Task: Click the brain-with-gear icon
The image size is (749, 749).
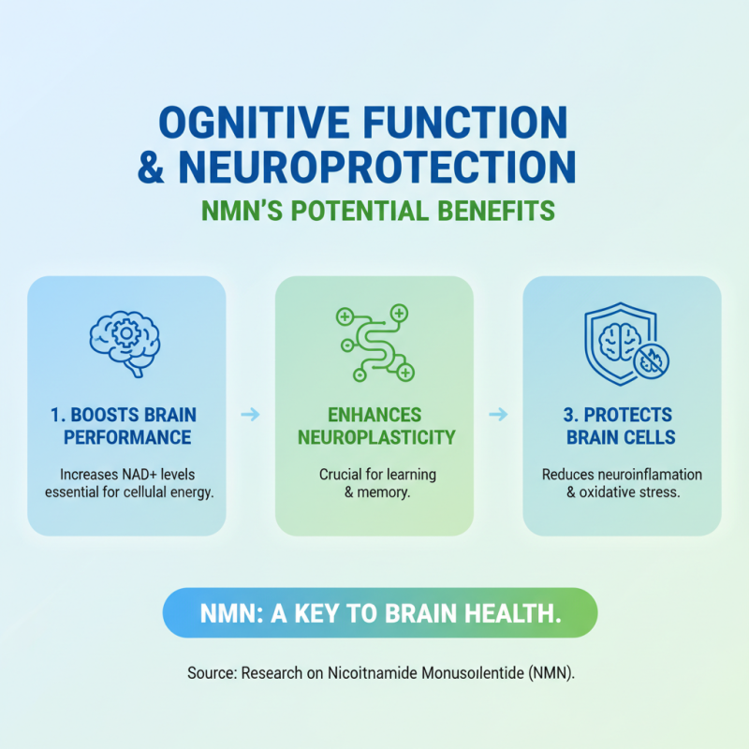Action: pyautogui.click(x=125, y=342)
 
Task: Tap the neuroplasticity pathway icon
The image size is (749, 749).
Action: pyautogui.click(x=374, y=343)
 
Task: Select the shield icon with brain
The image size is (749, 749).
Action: pyautogui.click(x=622, y=342)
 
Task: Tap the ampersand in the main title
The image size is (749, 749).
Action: pyautogui.click(x=153, y=167)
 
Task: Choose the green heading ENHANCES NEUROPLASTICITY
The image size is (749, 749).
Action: pyautogui.click(x=374, y=425)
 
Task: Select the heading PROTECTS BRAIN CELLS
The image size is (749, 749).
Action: pyautogui.click(x=622, y=425)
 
